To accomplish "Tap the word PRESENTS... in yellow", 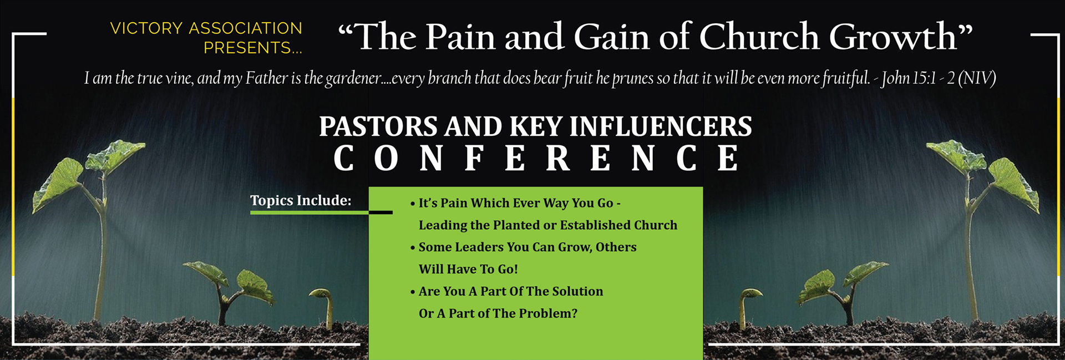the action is tap(253, 48).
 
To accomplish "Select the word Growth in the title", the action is tap(893, 37).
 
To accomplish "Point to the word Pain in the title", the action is tap(460, 37).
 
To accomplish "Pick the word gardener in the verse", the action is tap(353, 79).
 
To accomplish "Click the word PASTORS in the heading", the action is tap(378, 126).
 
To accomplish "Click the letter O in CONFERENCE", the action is tap(386, 158).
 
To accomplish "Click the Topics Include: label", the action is tap(301, 200).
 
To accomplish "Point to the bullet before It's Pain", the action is tap(413, 204).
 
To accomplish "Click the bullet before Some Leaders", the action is tap(413, 248).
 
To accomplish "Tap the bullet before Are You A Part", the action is tap(413, 292).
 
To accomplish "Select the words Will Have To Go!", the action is tap(468, 269).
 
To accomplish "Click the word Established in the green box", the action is tap(598, 225).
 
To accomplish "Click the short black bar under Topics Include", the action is tap(381, 212).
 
